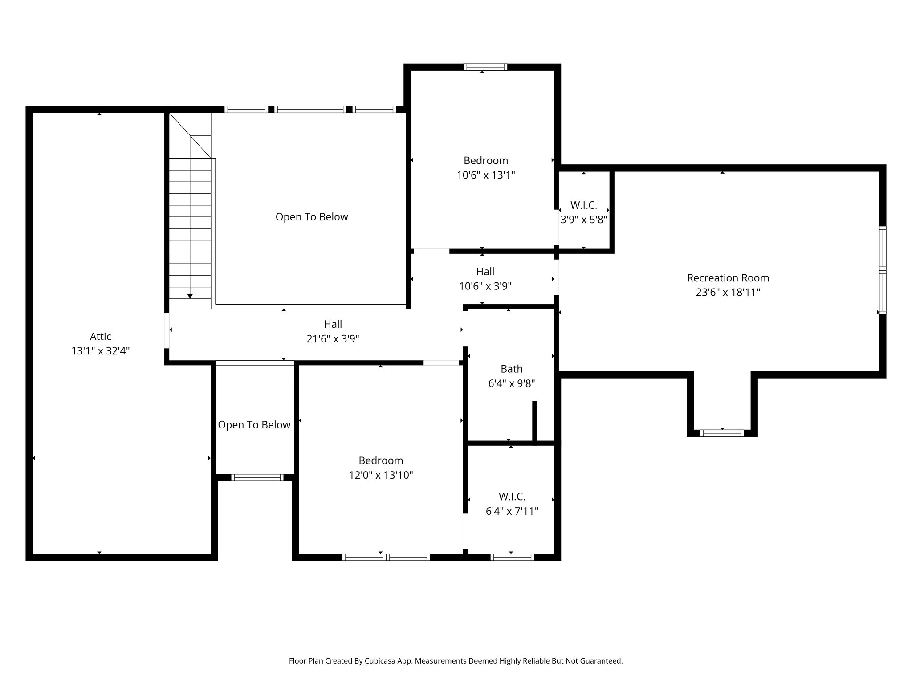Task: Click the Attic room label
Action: click(100, 337)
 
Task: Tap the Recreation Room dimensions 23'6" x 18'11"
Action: click(728, 293)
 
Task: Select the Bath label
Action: click(511, 369)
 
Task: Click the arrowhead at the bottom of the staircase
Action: click(190, 296)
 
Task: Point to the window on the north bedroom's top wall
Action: click(485, 67)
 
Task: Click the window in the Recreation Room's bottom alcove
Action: click(722, 433)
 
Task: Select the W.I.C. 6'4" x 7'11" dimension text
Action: click(512, 511)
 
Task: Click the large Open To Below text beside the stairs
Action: click(311, 217)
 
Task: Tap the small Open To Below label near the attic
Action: click(254, 425)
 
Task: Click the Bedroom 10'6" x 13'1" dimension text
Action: click(485, 175)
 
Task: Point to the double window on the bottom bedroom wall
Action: click(386, 557)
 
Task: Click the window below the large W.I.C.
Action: click(512, 557)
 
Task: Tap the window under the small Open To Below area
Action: click(257, 477)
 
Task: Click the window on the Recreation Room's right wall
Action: click(882, 270)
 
